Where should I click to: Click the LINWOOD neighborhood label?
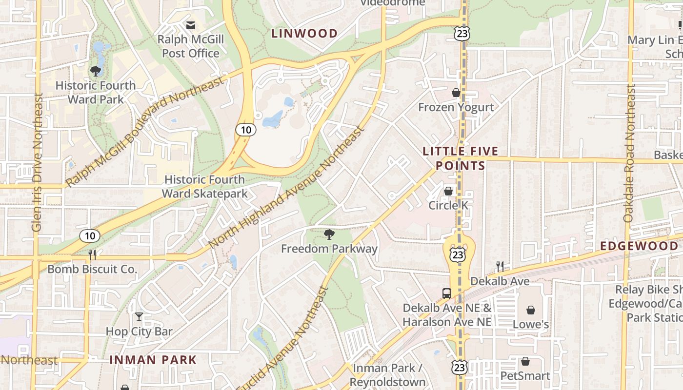click(304, 34)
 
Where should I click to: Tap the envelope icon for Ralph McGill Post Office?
click(190, 25)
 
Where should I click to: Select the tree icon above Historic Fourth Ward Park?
click(96, 71)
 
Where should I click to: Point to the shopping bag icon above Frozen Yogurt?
click(456, 93)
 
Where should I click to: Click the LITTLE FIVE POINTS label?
click(461, 158)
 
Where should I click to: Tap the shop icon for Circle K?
click(448, 191)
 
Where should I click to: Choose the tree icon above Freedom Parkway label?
click(329, 234)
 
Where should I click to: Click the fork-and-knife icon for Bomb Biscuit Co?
click(92, 254)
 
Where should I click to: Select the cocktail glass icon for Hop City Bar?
click(139, 317)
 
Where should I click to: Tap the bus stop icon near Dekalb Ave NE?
click(446, 293)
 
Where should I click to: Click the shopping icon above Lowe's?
click(531, 310)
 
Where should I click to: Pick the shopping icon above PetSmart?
click(525, 361)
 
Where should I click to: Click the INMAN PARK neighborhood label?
click(153, 360)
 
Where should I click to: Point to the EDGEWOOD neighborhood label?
click(639, 246)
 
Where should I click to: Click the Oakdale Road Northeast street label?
click(629, 154)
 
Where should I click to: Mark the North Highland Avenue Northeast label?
click(287, 187)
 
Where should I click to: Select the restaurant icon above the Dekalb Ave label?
click(500, 266)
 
